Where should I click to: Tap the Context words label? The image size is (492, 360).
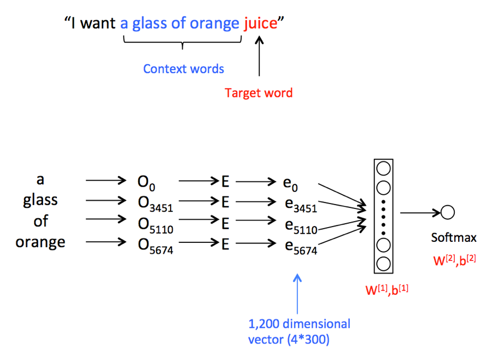coord(183,69)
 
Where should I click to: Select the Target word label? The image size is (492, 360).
coord(259,92)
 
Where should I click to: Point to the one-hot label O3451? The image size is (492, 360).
coord(155,204)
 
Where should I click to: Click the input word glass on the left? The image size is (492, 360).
coord(40,200)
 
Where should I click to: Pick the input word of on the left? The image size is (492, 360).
coord(40,221)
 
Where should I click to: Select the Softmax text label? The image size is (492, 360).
coord(453,237)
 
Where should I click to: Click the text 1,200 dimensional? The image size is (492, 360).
coord(299,323)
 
